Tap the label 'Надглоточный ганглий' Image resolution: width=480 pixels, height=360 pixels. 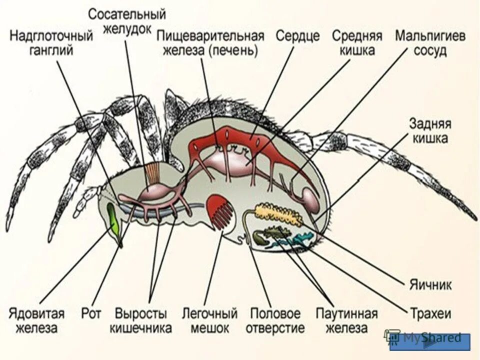(51, 43)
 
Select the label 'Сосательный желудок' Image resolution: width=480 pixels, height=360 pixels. (127, 21)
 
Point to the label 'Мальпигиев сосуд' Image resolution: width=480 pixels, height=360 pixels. (430, 43)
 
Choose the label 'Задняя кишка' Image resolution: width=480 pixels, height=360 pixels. (428, 131)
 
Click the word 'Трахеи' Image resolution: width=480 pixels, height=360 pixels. (430, 314)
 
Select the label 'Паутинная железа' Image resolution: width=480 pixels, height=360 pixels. (346, 321)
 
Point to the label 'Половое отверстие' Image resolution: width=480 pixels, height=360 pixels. (275, 321)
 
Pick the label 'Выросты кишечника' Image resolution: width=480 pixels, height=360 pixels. (141, 321)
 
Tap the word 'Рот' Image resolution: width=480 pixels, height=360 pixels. (91, 314)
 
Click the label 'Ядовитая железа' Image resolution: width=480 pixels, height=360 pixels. (36, 321)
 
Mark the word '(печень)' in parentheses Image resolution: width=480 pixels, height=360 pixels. (233, 51)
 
